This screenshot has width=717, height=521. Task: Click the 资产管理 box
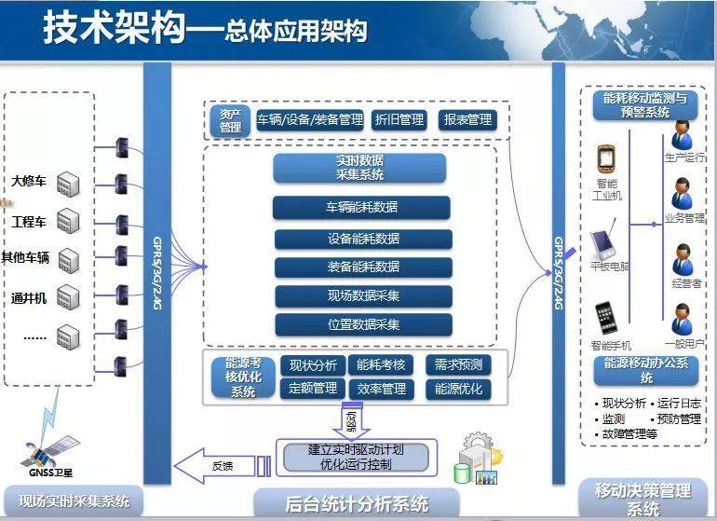click(230, 120)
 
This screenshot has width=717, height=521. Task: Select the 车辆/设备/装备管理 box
click(309, 120)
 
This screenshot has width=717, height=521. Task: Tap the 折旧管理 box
click(398, 120)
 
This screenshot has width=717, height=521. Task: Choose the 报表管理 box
click(467, 120)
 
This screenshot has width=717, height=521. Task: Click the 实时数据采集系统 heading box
click(359, 168)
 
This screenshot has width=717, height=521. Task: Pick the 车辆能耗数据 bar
click(361, 208)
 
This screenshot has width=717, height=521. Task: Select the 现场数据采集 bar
click(363, 296)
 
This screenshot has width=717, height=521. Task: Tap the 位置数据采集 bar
click(363, 324)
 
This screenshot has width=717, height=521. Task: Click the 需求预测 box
click(458, 365)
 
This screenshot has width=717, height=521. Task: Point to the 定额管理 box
click(312, 389)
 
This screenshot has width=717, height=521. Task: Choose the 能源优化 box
click(458, 389)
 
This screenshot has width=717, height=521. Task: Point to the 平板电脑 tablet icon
click(605, 240)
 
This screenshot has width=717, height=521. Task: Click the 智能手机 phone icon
click(607, 317)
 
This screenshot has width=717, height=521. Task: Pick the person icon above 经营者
click(683, 260)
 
